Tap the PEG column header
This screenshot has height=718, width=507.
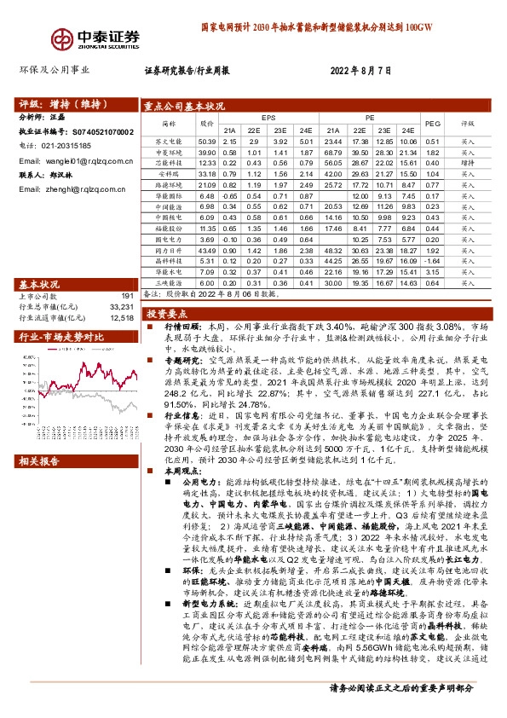coord(432,124)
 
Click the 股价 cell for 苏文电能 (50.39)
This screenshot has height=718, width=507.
coord(207,142)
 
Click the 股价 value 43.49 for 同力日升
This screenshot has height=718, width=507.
coord(207,252)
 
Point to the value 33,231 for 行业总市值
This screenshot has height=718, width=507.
coord(122,306)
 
